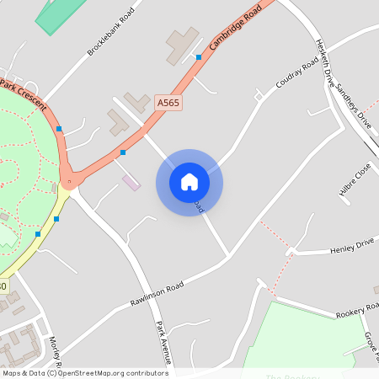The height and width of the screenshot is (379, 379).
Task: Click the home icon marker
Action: coord(189,182)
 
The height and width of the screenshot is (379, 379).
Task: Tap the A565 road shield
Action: coord(168,102)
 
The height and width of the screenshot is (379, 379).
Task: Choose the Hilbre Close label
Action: coord(355,179)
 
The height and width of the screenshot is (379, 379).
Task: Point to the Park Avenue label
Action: coord(164,342)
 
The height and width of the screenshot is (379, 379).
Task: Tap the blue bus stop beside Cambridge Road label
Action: coord(199,57)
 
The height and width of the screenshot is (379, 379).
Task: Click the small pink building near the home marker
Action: coord(131,182)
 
